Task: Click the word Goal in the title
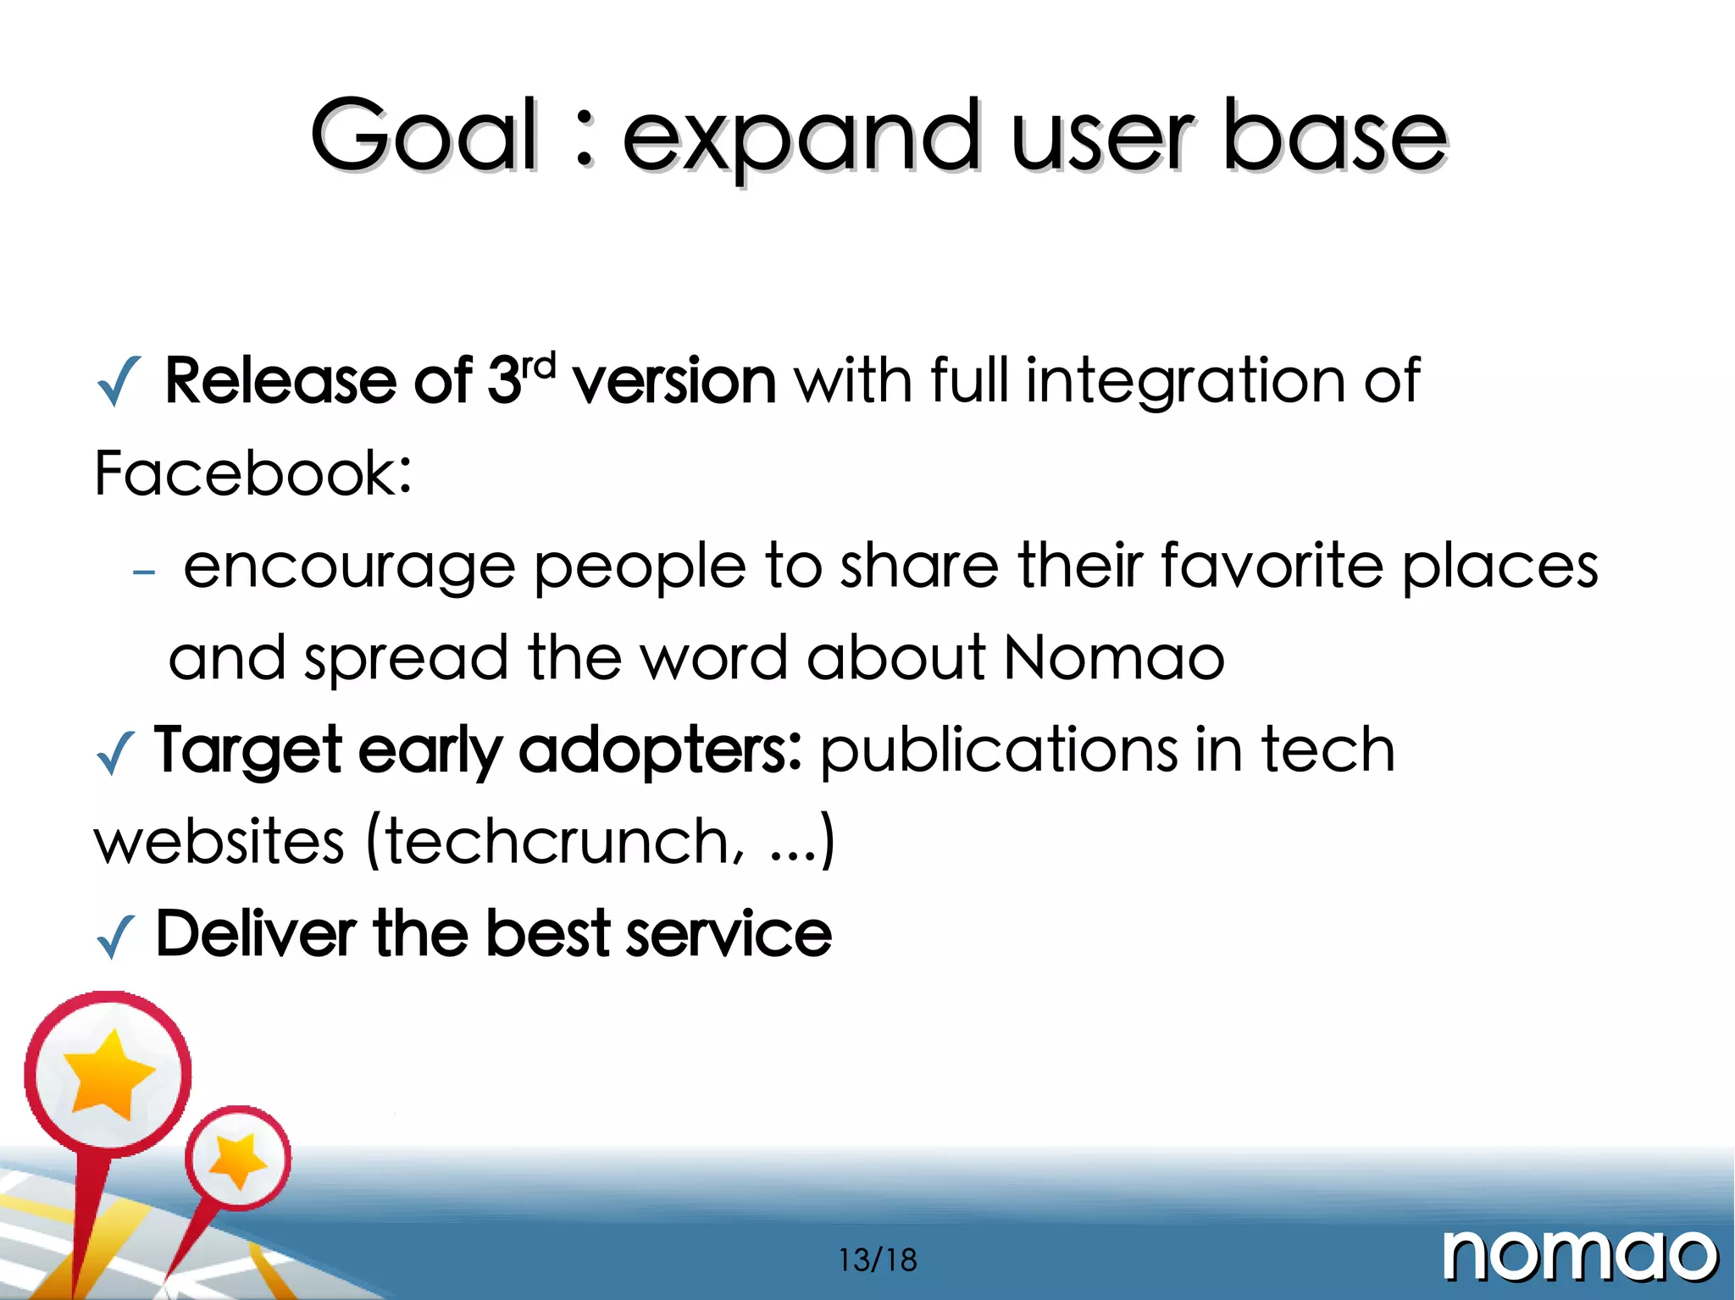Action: pyautogui.click(x=424, y=136)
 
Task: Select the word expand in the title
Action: pyautogui.click(x=801, y=140)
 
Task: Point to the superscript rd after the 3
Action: pyautogui.click(x=539, y=366)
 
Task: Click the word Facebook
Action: pyautogui.click(x=252, y=473)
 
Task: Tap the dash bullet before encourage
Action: pyautogui.click(x=144, y=573)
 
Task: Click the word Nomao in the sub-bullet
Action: pyautogui.click(x=1114, y=658)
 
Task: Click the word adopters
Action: pyautogui.click(x=659, y=751)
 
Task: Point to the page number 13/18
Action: pyautogui.click(x=878, y=1260)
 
